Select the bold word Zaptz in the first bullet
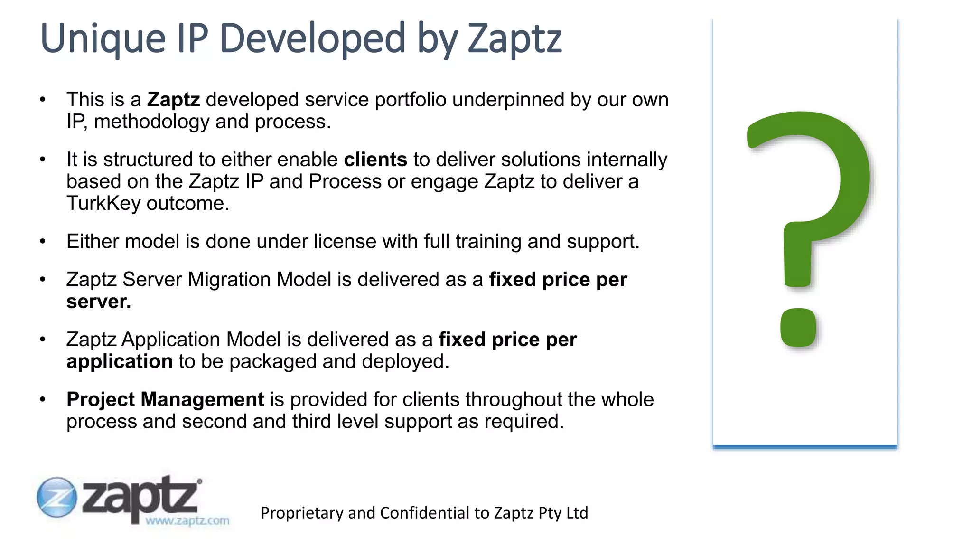click(x=173, y=100)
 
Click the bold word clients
click(x=375, y=160)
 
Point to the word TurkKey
click(x=103, y=203)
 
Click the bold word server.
click(x=98, y=302)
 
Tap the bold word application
click(x=119, y=361)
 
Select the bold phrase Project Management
click(x=165, y=399)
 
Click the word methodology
click(x=151, y=122)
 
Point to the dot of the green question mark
click(x=798, y=328)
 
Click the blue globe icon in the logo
click(x=57, y=497)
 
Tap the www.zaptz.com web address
click(x=187, y=520)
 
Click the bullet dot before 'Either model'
click(x=43, y=242)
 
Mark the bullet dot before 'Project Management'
click(x=43, y=400)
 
